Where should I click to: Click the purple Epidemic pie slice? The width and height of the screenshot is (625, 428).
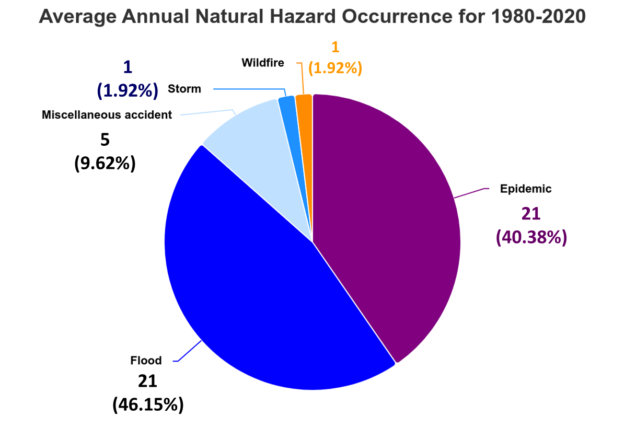(x=387, y=219)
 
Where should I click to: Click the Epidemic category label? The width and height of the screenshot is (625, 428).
(x=526, y=189)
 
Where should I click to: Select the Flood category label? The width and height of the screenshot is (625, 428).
(x=146, y=360)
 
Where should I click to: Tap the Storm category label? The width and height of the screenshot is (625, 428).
(x=184, y=89)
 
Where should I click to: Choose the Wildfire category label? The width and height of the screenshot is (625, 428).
(x=263, y=63)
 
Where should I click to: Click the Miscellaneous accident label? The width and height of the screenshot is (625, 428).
(x=107, y=114)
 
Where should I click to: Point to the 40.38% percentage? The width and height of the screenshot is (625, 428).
(x=531, y=237)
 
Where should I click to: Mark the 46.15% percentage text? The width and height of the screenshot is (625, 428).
(x=148, y=405)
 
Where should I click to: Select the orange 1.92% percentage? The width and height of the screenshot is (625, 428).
(x=335, y=68)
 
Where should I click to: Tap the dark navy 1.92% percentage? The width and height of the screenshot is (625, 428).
(x=128, y=90)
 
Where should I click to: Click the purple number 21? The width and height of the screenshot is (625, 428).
(x=530, y=214)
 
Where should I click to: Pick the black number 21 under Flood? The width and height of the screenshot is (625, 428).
(x=147, y=381)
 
